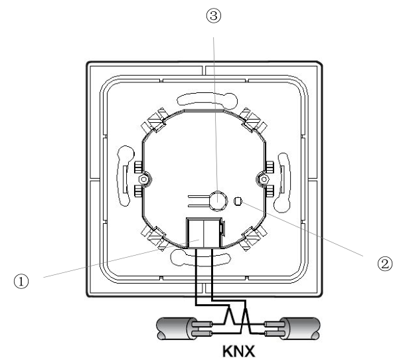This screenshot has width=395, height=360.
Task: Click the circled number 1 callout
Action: click(x=21, y=281)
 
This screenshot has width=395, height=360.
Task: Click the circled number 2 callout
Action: click(x=385, y=264)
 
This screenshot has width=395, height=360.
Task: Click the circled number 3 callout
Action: click(x=214, y=16)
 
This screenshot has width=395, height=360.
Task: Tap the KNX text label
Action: click(x=238, y=351)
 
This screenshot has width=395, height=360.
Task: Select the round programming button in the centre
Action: click(x=218, y=201)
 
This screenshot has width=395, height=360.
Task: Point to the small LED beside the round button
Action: click(x=238, y=201)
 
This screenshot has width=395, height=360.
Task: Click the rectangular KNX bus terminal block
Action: click(x=204, y=233)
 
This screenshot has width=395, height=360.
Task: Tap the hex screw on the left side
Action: click(x=144, y=179)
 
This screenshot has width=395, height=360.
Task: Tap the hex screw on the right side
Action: click(x=264, y=179)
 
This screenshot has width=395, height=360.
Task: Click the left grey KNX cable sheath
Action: click(x=175, y=328)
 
